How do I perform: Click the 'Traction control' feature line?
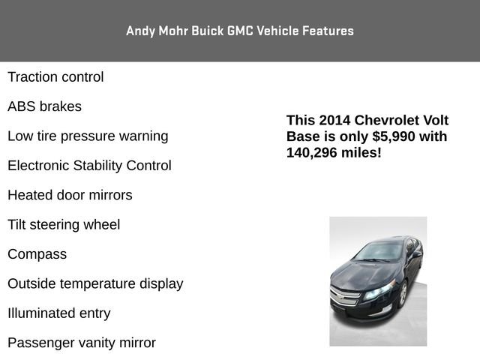pyautogui.click(x=55, y=77)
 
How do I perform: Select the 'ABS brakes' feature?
pyautogui.click(x=44, y=106)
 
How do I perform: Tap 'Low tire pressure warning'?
pyautogui.click(x=88, y=136)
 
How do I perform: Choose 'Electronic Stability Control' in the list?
pyautogui.click(x=89, y=166)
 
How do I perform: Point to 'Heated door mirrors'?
pyautogui.click(x=70, y=195)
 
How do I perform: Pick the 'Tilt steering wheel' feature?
pyautogui.click(x=64, y=225)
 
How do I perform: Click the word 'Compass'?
pyautogui.click(x=37, y=254)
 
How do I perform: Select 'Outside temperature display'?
pyautogui.click(x=95, y=284)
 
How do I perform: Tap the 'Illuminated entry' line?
pyautogui.click(x=58, y=313)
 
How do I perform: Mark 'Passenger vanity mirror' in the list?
pyautogui.click(x=82, y=343)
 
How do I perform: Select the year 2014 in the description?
pyautogui.click(x=334, y=120)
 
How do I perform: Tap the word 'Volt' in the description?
pyautogui.click(x=436, y=120)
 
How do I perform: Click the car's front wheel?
pyautogui.click(x=403, y=294)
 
